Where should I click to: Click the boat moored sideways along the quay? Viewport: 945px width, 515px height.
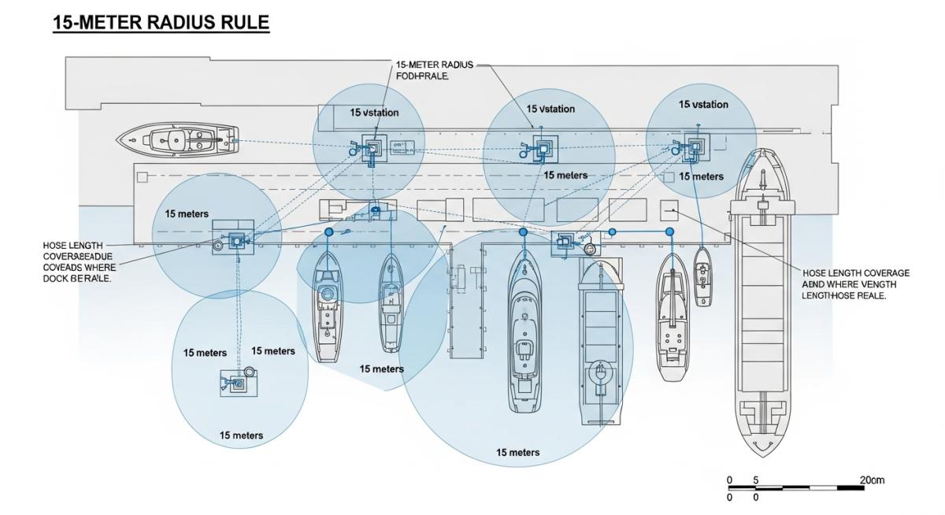[x=178, y=140]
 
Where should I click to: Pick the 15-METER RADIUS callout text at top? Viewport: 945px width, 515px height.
[x=434, y=70]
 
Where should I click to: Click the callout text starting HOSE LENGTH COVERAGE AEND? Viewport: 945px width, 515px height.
[x=855, y=284]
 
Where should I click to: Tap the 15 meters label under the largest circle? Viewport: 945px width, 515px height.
[x=517, y=452]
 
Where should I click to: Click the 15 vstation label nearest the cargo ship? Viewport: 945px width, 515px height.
[x=703, y=105]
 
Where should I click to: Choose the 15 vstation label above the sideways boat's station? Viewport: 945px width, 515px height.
[x=374, y=113]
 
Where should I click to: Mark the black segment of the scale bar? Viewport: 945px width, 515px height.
[x=850, y=488]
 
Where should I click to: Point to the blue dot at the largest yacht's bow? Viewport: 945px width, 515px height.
[x=523, y=232]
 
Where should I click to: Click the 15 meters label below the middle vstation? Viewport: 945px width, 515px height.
[x=565, y=175]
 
